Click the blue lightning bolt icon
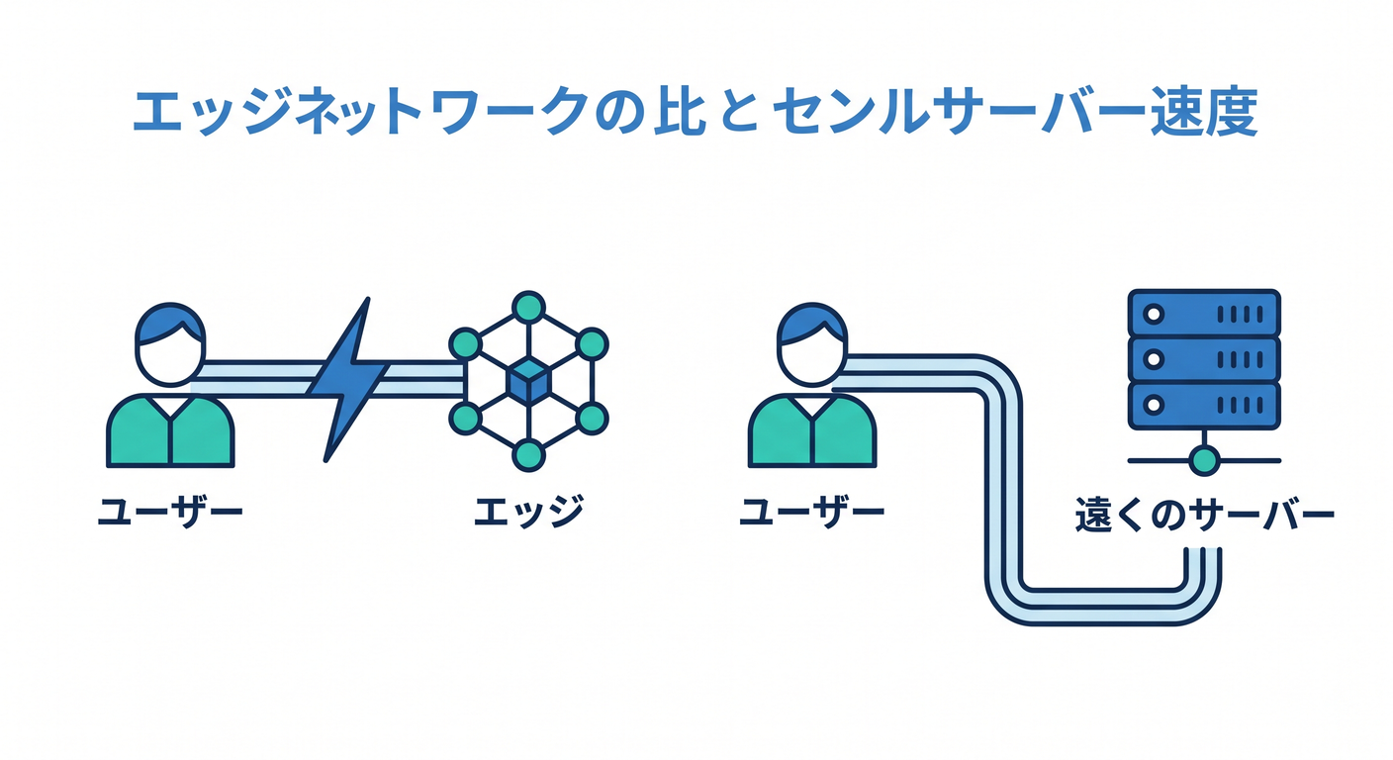[x=348, y=379]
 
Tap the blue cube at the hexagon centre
[x=528, y=381]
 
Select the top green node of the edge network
[x=528, y=307]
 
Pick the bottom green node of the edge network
[x=528, y=455]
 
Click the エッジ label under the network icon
[x=528, y=512]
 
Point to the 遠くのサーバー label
[x=1205, y=514]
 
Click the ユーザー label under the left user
[x=170, y=513]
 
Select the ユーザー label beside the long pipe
[x=812, y=513]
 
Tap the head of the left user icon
[x=170, y=344]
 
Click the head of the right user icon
[x=812, y=344]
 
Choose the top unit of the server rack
[x=1204, y=314]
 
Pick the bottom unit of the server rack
[x=1204, y=406]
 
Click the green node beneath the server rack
[x=1204, y=461]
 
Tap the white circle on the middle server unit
[x=1154, y=359]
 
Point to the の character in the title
[x=617, y=113]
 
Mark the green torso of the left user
[x=170, y=430]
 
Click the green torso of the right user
[x=812, y=430]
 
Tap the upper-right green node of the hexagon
[x=592, y=344]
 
